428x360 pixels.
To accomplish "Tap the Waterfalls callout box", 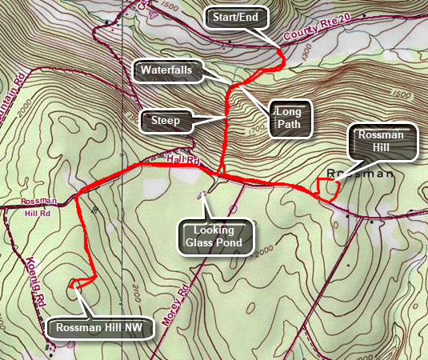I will [167, 70].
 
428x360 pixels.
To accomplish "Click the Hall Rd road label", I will [183, 161].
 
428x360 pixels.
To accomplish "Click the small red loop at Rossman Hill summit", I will [326, 189].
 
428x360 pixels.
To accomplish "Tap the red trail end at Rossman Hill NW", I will [74, 283].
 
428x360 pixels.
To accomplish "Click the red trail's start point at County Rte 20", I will [280, 53].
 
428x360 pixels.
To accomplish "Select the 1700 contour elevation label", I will [256, 126].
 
